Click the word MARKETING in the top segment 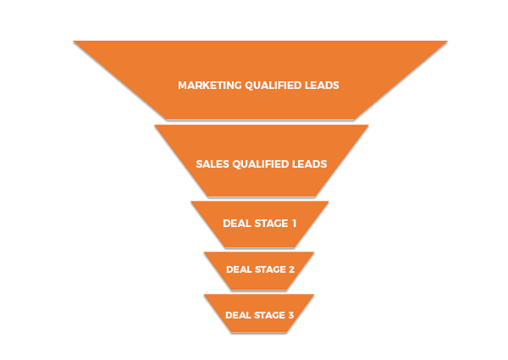click(210, 86)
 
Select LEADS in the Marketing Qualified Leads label click(322, 86)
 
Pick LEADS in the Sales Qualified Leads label click(309, 164)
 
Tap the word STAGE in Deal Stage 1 click(272, 224)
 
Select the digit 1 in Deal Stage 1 click(294, 224)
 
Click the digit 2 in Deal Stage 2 click(291, 269)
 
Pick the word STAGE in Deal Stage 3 click(270, 315)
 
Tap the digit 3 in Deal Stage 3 click(291, 315)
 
